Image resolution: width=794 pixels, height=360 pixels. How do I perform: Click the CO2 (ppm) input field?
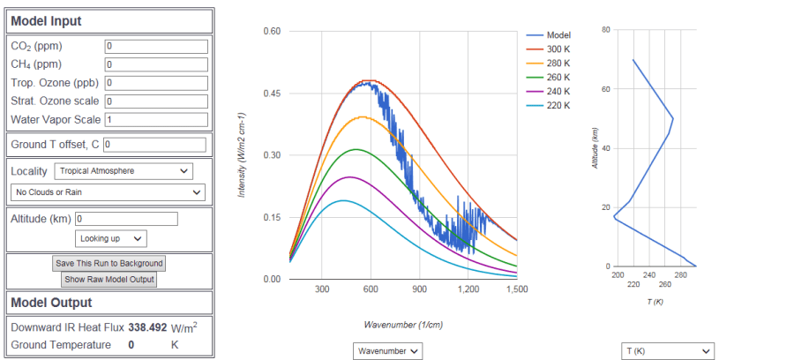click(x=155, y=46)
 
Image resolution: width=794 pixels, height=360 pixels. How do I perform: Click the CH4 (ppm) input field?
click(x=155, y=64)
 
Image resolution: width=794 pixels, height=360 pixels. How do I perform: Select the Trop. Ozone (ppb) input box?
click(x=155, y=83)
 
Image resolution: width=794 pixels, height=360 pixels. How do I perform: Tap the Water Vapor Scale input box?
click(x=155, y=119)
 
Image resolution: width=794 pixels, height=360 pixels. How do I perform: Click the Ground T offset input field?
click(x=154, y=143)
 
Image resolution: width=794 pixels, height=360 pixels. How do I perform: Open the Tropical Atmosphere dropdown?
click(x=123, y=170)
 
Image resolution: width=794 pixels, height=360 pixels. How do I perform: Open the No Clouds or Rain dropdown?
click(x=109, y=191)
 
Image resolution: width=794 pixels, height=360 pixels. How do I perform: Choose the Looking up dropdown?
click(x=111, y=238)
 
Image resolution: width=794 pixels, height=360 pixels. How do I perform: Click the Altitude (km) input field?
click(x=127, y=218)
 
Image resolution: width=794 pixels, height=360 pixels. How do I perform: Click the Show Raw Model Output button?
click(x=109, y=280)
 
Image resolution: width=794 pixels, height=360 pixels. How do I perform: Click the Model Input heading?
click(x=46, y=20)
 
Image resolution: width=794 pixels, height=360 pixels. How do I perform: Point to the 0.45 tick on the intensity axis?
click(x=271, y=93)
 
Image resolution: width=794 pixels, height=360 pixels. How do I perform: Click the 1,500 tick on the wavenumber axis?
click(x=517, y=289)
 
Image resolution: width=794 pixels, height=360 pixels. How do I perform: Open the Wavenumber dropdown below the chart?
click(x=388, y=351)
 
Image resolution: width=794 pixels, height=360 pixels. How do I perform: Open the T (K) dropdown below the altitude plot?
click(x=667, y=351)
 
